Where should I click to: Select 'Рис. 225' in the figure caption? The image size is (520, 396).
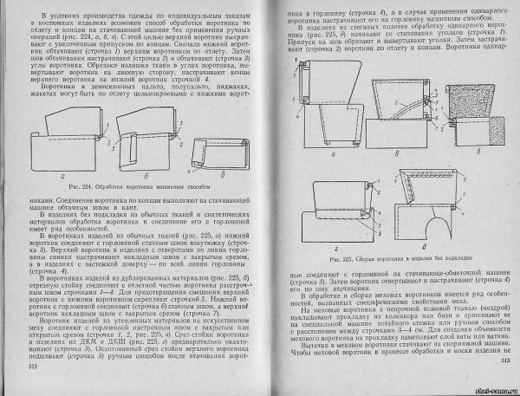tap(335, 258)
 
